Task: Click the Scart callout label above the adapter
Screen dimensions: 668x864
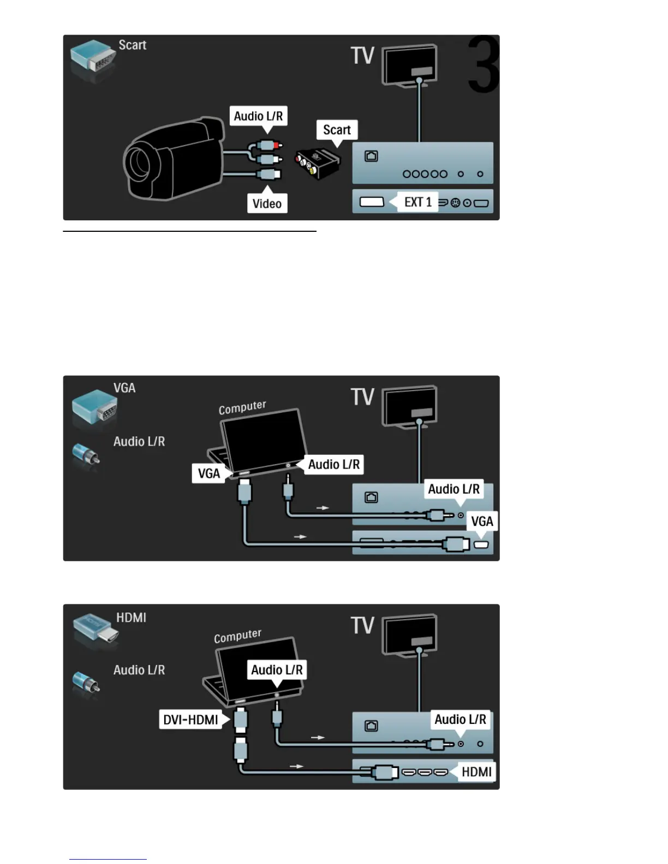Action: click(337, 130)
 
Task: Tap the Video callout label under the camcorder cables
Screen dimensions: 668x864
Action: click(267, 203)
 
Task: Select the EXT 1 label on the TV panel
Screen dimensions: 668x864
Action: click(417, 202)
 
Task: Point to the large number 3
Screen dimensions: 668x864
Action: click(483, 64)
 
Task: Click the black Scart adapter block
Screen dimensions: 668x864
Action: click(318, 162)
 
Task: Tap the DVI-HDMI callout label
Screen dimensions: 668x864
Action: click(190, 719)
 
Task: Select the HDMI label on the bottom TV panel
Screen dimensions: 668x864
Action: click(476, 772)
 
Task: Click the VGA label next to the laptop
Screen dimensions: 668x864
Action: click(209, 473)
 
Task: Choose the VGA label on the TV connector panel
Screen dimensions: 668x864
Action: click(482, 521)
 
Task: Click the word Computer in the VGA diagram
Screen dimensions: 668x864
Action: click(242, 407)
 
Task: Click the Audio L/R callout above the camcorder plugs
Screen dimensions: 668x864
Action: click(258, 116)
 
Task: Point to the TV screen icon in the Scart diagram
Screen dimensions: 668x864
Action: click(409, 64)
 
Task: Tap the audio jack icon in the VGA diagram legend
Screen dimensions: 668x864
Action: click(86, 457)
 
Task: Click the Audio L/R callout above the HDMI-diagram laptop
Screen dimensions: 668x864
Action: click(277, 670)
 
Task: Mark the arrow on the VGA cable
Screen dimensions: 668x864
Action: click(300, 537)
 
